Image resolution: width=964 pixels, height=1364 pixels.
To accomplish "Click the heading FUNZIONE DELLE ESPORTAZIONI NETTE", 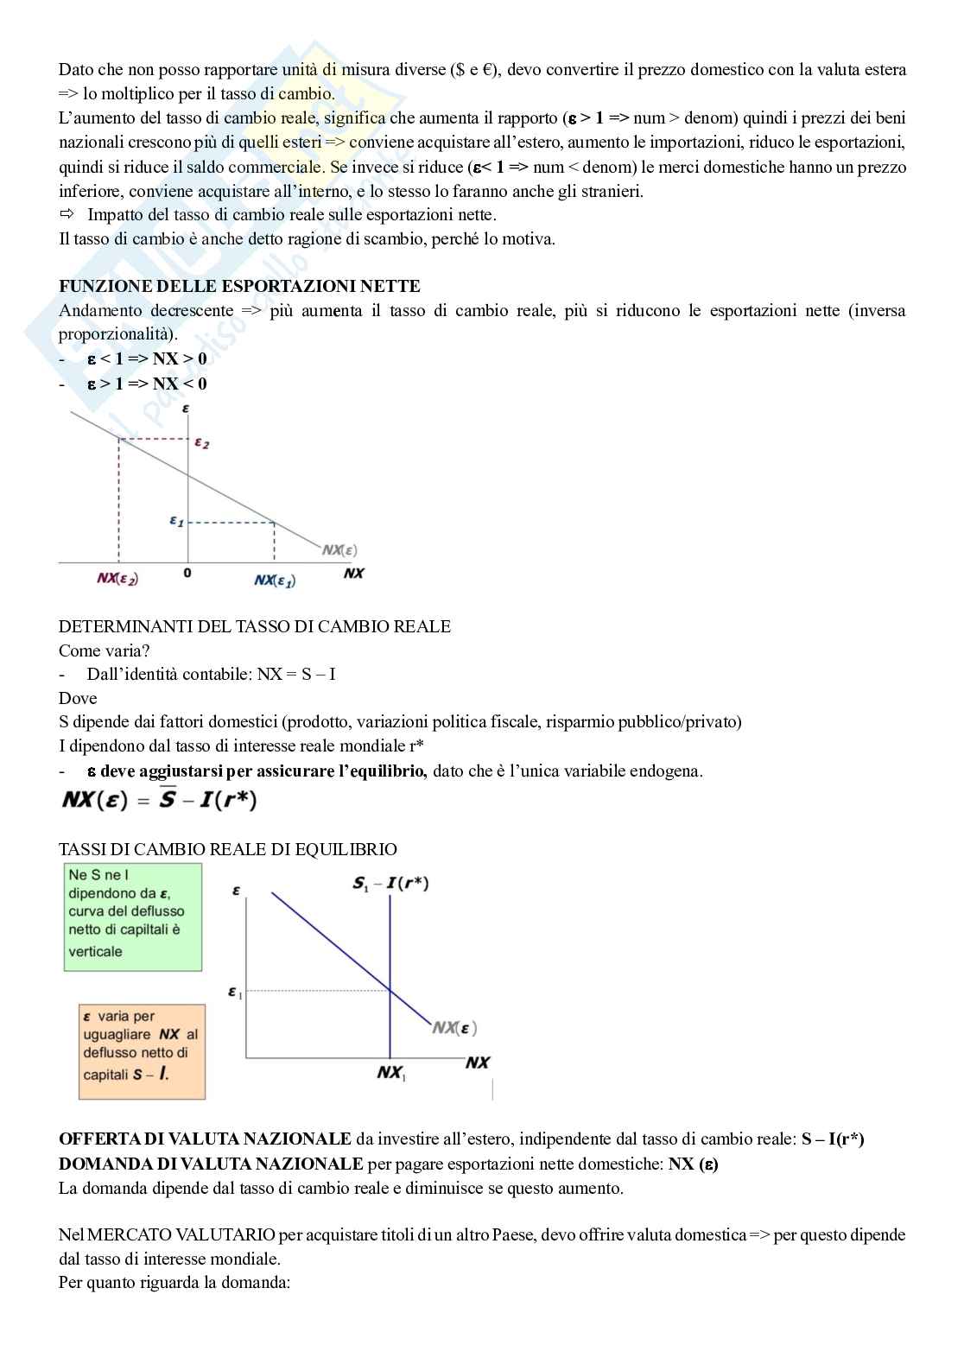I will click(x=239, y=286).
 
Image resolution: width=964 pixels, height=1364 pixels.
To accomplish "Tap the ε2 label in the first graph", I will click(x=201, y=443).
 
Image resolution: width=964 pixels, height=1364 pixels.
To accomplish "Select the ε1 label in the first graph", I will click(x=176, y=521).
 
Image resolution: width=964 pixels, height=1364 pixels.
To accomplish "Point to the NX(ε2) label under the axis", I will click(x=117, y=579).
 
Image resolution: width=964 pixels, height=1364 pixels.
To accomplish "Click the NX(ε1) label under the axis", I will click(x=275, y=580).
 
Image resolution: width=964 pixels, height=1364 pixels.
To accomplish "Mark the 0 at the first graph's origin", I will click(x=187, y=573).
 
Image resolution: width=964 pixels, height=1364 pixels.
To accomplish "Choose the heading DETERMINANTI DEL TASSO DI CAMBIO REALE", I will click(x=255, y=626).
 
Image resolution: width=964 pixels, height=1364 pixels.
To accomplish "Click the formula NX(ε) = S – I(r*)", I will click(x=160, y=801).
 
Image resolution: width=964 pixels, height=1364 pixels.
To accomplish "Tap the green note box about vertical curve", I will click(x=133, y=917).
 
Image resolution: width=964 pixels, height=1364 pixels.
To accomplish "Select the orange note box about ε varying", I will click(x=142, y=1051).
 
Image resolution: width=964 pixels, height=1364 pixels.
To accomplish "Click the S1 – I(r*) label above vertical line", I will click(x=390, y=883).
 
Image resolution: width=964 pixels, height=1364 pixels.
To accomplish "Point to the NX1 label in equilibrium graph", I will click(x=391, y=1073).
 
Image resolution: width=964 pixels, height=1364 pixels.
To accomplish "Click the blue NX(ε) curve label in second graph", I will click(x=454, y=1027).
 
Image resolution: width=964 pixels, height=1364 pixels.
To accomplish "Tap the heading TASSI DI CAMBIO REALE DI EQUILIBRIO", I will click(x=228, y=849).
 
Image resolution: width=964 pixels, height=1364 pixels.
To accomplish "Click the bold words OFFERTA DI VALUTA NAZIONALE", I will click(x=205, y=1139).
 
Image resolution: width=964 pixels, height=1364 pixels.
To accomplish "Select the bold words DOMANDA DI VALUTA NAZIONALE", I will click(x=211, y=1164).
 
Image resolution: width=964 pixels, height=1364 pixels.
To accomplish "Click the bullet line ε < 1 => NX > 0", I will click(x=147, y=358).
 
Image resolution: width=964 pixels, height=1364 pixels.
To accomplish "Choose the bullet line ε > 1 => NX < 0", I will click(x=147, y=384).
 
